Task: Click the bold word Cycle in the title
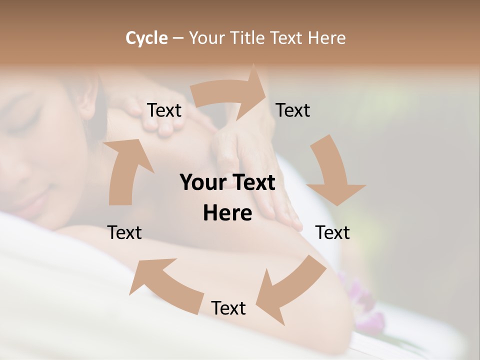coord(146,38)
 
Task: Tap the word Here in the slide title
coord(327,38)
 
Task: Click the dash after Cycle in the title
coord(178,38)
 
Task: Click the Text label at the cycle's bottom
coord(228,308)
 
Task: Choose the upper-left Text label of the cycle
coord(164,110)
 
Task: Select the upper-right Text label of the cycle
coord(293,110)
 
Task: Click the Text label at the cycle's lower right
coord(332,232)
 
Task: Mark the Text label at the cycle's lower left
coord(124,232)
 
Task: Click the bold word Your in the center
coord(201,183)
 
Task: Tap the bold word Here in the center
coord(227,213)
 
